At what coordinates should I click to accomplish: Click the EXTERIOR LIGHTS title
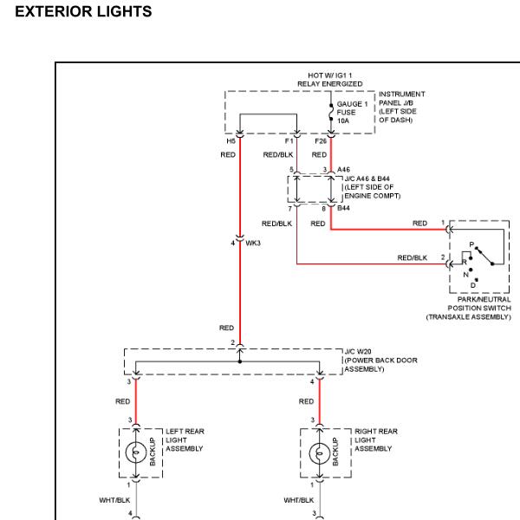click(83, 11)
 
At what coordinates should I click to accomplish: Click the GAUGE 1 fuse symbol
click(331, 112)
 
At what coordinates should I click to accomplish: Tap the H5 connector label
click(231, 141)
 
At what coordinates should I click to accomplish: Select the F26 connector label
click(321, 141)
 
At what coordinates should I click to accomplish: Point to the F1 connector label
click(289, 141)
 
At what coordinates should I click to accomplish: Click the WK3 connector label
click(253, 243)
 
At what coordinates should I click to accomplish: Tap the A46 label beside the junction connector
click(343, 170)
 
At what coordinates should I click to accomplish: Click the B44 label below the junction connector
click(343, 208)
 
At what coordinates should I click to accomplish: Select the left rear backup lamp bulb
click(136, 452)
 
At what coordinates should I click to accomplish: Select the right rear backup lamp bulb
click(319, 453)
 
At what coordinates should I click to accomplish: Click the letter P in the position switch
click(471, 244)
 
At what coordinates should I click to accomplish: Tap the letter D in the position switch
click(473, 285)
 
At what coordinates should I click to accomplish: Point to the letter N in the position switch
click(466, 275)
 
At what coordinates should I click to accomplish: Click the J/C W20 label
click(358, 352)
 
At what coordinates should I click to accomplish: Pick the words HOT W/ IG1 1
click(330, 75)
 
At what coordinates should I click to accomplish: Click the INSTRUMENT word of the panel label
click(402, 94)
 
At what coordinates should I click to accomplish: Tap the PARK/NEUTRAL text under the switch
click(484, 300)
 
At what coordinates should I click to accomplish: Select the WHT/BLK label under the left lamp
click(114, 500)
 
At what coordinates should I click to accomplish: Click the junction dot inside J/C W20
click(240, 361)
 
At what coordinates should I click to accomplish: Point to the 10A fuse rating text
click(343, 121)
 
